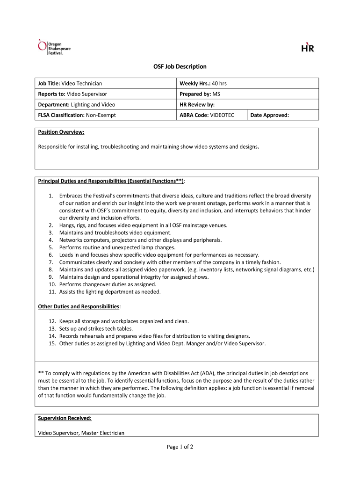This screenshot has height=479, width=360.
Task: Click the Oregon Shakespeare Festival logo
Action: click(x=54, y=47)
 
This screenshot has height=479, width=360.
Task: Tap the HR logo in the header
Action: click(x=307, y=47)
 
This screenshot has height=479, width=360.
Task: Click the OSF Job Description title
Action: click(x=180, y=67)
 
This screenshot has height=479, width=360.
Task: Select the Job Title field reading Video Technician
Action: click(x=70, y=83)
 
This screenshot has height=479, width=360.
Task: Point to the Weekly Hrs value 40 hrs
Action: click(x=219, y=83)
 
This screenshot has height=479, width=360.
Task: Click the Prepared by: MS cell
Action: click(x=200, y=94)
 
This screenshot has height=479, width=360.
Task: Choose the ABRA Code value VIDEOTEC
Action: click(x=222, y=115)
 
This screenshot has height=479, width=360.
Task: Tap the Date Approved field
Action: click(x=270, y=115)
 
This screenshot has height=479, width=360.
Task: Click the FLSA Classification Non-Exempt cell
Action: click(x=77, y=115)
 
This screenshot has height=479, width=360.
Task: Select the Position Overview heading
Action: click(x=61, y=132)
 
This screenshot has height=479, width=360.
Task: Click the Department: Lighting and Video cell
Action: click(x=76, y=105)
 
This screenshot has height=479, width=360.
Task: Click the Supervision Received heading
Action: click(x=65, y=418)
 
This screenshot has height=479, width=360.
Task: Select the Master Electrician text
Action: click(x=103, y=433)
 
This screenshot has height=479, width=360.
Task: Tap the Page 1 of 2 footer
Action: click(x=180, y=447)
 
